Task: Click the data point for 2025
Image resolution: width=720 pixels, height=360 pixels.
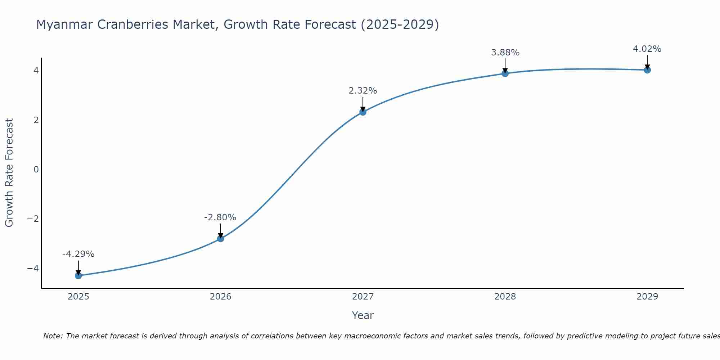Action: click(x=78, y=275)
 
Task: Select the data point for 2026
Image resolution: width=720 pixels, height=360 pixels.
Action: click(x=221, y=238)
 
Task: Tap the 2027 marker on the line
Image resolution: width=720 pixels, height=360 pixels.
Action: click(x=363, y=112)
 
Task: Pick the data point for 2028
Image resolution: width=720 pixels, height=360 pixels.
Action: click(x=505, y=73)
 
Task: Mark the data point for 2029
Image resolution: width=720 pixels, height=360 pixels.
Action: click(x=647, y=70)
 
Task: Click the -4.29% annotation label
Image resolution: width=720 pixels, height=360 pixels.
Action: click(x=78, y=254)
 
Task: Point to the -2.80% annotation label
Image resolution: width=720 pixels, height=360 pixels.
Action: click(x=220, y=217)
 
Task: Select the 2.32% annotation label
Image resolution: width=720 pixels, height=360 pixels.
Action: click(x=363, y=91)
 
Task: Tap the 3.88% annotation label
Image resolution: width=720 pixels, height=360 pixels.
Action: click(x=505, y=53)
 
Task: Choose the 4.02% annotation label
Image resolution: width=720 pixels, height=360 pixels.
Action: click(x=647, y=49)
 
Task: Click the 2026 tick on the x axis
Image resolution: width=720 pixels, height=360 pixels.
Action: click(x=221, y=297)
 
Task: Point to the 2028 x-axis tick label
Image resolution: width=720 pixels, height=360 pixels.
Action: click(x=505, y=297)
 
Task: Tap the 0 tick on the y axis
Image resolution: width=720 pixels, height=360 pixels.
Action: click(x=36, y=169)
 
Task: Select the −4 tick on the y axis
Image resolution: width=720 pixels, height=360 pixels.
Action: click(x=33, y=269)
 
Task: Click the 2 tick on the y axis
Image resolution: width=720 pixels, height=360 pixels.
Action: click(x=36, y=120)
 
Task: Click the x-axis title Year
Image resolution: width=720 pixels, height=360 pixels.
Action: click(x=363, y=315)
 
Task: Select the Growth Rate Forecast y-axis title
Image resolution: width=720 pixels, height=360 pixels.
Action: click(x=9, y=173)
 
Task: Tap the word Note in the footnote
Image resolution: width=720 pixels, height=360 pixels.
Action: click(x=53, y=336)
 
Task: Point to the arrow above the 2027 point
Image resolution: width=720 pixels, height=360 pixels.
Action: click(x=363, y=104)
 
